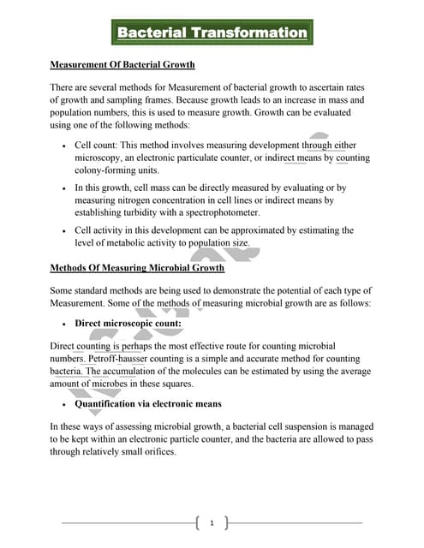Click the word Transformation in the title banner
click(248, 33)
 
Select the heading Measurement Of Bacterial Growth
click(122, 64)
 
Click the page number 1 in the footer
click(212, 521)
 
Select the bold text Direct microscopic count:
click(122, 323)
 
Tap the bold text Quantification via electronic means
click(148, 403)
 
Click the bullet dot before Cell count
click(65, 146)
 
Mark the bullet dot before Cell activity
click(65, 230)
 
